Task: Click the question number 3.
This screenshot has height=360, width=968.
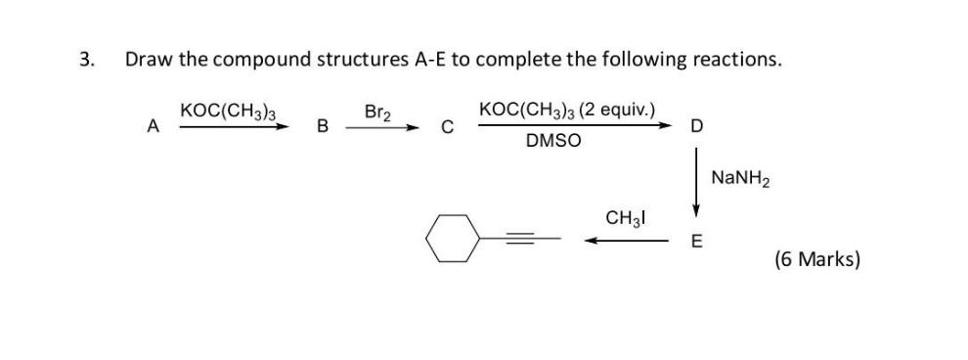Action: [87, 59]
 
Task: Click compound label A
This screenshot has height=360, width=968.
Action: [152, 125]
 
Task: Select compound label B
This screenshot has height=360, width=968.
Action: [323, 126]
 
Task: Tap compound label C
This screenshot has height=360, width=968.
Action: [447, 126]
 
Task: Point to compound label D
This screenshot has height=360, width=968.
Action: [695, 126]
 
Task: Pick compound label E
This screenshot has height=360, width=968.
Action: [695, 242]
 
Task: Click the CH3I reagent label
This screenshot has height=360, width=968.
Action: [627, 217]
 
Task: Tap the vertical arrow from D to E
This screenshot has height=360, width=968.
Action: [695, 181]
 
